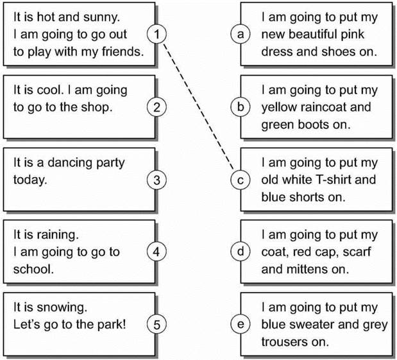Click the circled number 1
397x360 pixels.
[156, 34]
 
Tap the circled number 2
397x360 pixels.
[156, 107]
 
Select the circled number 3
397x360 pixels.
[156, 180]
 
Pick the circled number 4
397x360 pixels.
[156, 252]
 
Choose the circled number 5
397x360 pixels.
[156, 324]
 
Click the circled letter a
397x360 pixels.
[241, 34]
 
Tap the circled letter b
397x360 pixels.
[241, 107]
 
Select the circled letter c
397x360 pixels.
[241, 180]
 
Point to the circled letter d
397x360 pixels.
[241, 252]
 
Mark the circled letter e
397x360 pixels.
[241, 324]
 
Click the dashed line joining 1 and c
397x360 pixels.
[199, 107]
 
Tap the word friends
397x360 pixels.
[122, 51]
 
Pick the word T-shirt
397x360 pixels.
[334, 180]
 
